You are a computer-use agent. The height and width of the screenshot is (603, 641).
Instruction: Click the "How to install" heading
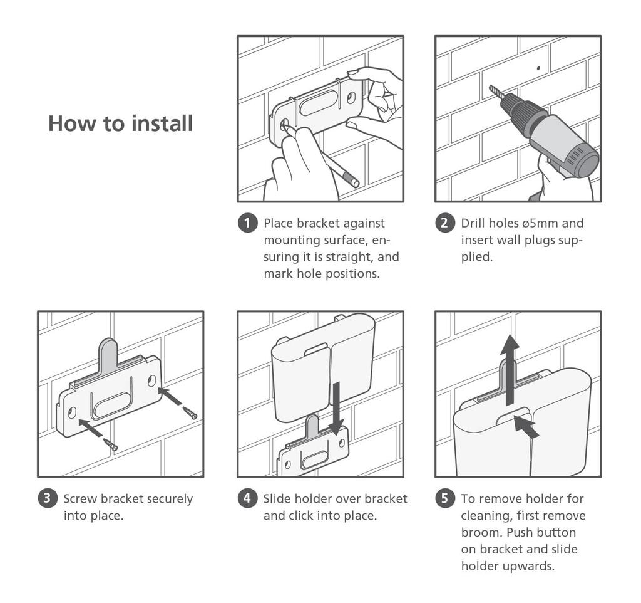click(x=121, y=123)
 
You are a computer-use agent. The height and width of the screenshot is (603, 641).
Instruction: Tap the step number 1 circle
click(x=247, y=223)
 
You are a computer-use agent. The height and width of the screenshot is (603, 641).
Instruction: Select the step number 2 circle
click(x=445, y=223)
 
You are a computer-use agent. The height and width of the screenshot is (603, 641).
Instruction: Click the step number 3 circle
click(x=48, y=498)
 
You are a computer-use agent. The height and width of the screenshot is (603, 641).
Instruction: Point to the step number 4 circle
click(x=247, y=498)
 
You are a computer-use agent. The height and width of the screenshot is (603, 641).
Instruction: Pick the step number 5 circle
click(x=445, y=498)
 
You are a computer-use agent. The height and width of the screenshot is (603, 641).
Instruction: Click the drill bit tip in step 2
click(x=491, y=87)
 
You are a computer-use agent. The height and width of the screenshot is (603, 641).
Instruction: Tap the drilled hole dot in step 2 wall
click(x=538, y=68)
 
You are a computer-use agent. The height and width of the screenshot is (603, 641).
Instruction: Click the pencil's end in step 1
click(x=355, y=183)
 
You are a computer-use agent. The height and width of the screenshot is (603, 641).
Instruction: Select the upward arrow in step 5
click(x=510, y=370)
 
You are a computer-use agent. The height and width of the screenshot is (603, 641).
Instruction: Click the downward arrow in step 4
click(x=336, y=408)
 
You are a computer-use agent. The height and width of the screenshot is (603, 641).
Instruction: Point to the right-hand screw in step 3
click(x=190, y=413)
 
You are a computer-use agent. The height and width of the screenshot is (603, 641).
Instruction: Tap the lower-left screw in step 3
click(x=111, y=444)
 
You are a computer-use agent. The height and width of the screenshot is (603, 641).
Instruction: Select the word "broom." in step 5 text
click(x=482, y=532)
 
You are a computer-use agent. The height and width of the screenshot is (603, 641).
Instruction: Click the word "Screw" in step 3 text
click(x=81, y=498)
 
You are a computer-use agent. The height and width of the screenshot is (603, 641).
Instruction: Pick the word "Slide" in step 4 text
click(x=277, y=498)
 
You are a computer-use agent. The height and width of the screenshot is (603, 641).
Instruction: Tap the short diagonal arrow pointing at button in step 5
click(x=526, y=427)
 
